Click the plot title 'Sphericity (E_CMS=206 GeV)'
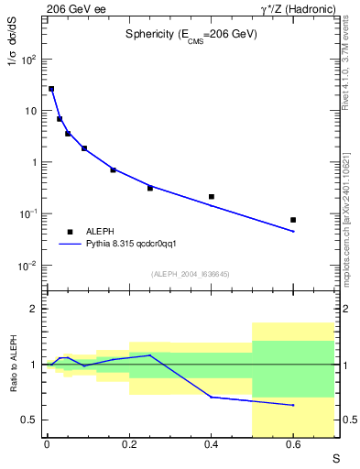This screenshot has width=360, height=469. [191, 34]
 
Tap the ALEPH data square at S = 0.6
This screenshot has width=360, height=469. [293, 220]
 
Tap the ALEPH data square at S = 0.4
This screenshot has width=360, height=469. [212, 196]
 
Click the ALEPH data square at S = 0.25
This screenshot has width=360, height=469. [150, 188]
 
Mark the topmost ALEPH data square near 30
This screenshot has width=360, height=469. [51, 89]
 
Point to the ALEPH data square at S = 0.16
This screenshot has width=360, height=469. [114, 169]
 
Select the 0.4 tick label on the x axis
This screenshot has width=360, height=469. [211, 444]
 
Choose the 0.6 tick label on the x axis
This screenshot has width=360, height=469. [293, 444]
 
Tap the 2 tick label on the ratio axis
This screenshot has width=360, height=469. [33, 309]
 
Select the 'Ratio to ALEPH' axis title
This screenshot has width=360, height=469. [14, 365]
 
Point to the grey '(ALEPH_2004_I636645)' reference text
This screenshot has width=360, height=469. [191, 273]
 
